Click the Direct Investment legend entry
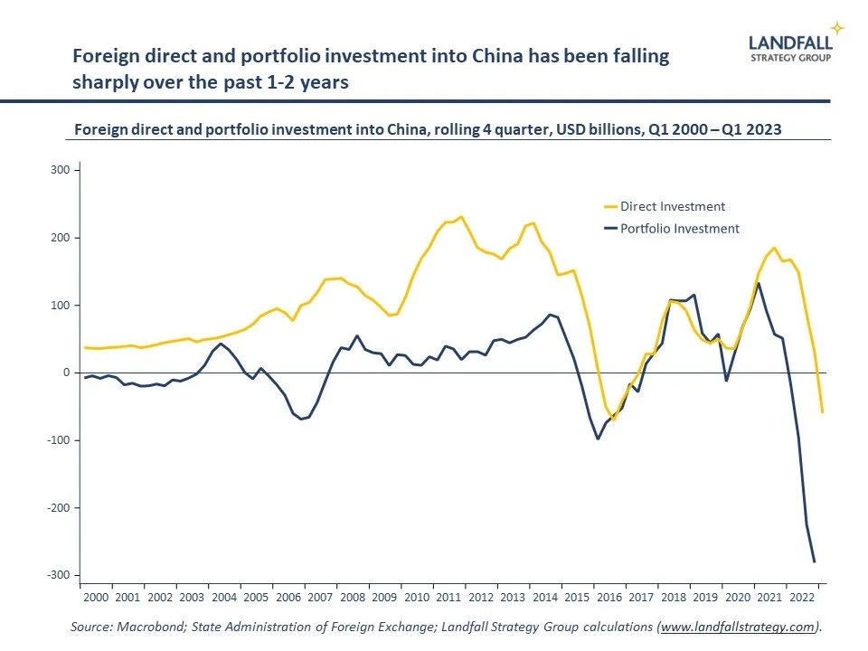[x=672, y=207]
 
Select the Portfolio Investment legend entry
[x=679, y=229]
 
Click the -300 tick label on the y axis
[x=59, y=576]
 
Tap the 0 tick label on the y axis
[x=66, y=373]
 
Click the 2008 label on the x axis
[x=352, y=598]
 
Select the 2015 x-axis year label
[x=576, y=598]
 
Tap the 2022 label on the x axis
[x=800, y=598]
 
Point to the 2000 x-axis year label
[x=96, y=598]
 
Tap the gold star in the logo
[x=836, y=28]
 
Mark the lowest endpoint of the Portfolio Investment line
[x=815, y=562]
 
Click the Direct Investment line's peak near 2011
[x=461, y=217]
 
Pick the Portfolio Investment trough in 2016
[x=598, y=439]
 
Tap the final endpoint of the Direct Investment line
[x=822, y=412]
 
